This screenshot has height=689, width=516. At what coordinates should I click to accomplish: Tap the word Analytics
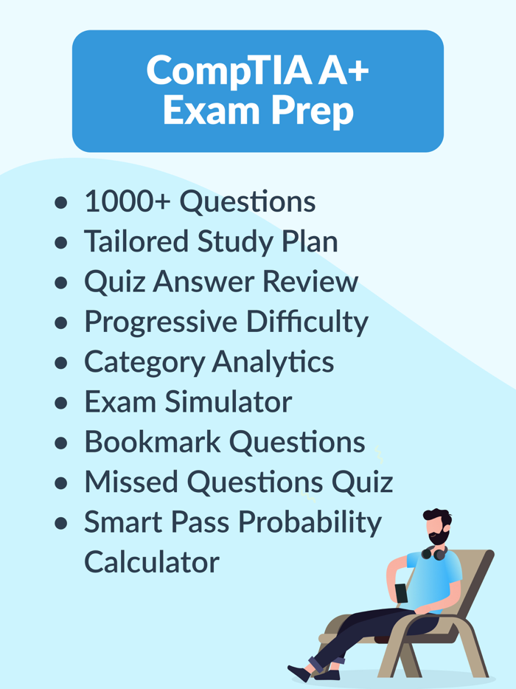pyautogui.click(x=273, y=361)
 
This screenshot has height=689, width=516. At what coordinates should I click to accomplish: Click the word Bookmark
pyautogui.click(x=152, y=441)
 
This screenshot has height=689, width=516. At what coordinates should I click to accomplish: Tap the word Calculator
pyautogui.click(x=151, y=561)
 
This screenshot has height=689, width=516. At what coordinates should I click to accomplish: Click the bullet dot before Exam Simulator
pyautogui.click(x=61, y=403)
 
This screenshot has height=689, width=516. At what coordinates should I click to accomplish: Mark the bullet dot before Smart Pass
pyautogui.click(x=61, y=523)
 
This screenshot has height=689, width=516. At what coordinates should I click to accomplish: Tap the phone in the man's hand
pyautogui.click(x=401, y=592)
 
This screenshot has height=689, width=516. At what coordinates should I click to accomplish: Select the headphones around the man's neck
pyautogui.click(x=435, y=551)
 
